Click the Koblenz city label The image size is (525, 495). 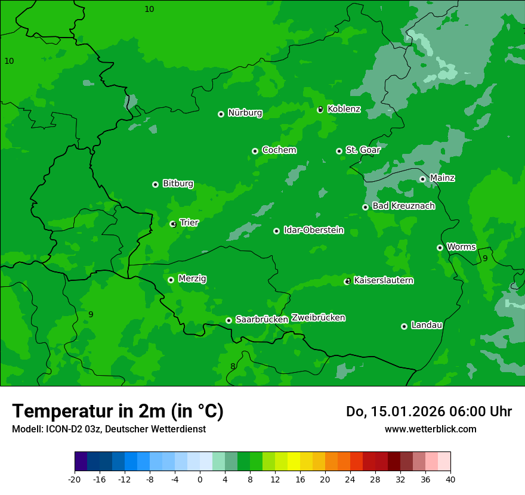tap(344, 109)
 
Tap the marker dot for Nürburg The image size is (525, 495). tap(221, 114)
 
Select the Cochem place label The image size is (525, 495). tap(279, 150)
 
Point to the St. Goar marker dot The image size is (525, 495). tap(339, 151)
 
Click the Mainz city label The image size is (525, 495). tap(442, 178)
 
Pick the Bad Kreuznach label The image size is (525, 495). tap(403, 206)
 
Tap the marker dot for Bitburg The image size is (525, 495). tap(155, 184)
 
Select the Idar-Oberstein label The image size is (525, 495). tap(313, 230)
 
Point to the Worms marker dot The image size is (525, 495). tap(440, 247)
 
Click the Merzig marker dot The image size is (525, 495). tap(171, 280)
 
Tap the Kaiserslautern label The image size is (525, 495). tap(384, 280)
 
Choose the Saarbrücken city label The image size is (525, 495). tap(261, 320)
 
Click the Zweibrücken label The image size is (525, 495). tap(318, 318)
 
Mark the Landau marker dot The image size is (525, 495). tap(404, 326)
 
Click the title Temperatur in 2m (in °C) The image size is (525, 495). tap(118, 412)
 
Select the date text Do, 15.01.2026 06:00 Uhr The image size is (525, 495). tap(428, 412)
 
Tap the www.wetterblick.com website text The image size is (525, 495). tap(430, 429)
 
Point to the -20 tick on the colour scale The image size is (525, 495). tap(75, 479)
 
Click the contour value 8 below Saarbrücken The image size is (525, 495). tap(233, 366)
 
